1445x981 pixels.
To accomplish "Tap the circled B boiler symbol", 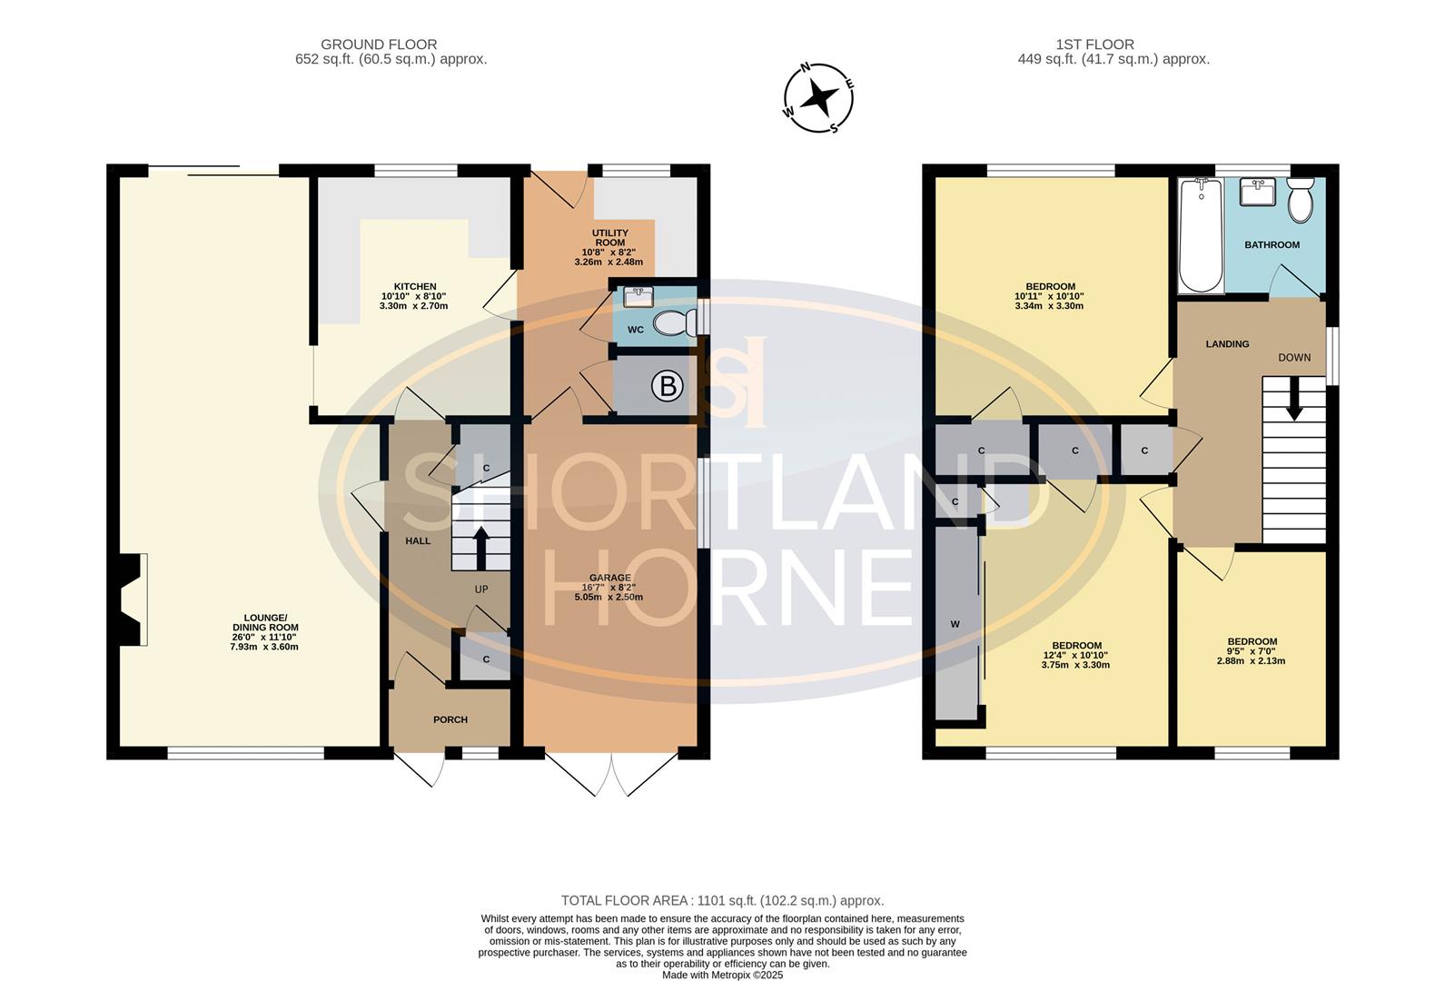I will coord(668,387).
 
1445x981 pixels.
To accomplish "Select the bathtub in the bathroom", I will coord(1201,235).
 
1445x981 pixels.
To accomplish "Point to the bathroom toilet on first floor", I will coord(1301,200).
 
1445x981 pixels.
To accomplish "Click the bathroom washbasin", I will coord(1258,193).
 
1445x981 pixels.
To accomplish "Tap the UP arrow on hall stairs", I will coord(481,547).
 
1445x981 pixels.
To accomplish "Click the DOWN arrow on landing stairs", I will coord(1294,400).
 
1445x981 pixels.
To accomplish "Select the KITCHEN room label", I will coord(415,287).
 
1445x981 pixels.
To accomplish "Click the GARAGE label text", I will coord(609,578).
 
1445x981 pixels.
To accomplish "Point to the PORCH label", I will coord(450,719).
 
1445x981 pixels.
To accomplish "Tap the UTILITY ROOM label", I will coord(609,238).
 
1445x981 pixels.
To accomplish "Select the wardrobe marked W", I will coord(955,624).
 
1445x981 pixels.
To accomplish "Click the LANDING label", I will coord(1227,344).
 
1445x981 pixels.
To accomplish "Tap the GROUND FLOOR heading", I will coord(379,45).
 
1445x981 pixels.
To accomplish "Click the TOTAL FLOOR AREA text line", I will coord(722,900).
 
